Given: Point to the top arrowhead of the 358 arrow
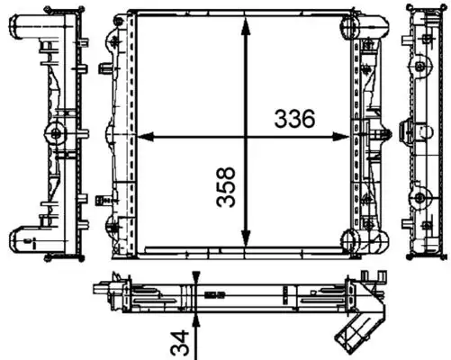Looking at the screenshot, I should [246, 22].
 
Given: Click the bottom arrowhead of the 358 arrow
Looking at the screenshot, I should [246, 243].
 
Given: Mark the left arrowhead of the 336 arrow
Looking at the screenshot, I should [142, 138].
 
